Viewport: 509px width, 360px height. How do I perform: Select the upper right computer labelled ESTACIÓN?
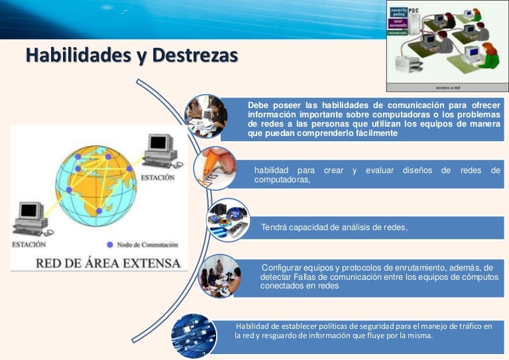[159, 150]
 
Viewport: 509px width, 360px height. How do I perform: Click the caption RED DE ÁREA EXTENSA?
[107, 263]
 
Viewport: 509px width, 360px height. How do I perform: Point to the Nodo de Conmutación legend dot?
[110, 244]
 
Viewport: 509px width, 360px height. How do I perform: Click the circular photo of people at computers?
[205, 116]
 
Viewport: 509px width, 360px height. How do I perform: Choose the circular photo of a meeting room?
[221, 275]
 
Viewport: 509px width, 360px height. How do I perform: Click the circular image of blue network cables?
[194, 335]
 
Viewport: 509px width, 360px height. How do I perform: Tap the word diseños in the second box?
[417, 170]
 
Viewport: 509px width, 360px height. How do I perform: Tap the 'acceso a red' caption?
[448, 87]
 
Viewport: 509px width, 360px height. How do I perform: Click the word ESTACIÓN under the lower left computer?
[28, 245]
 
